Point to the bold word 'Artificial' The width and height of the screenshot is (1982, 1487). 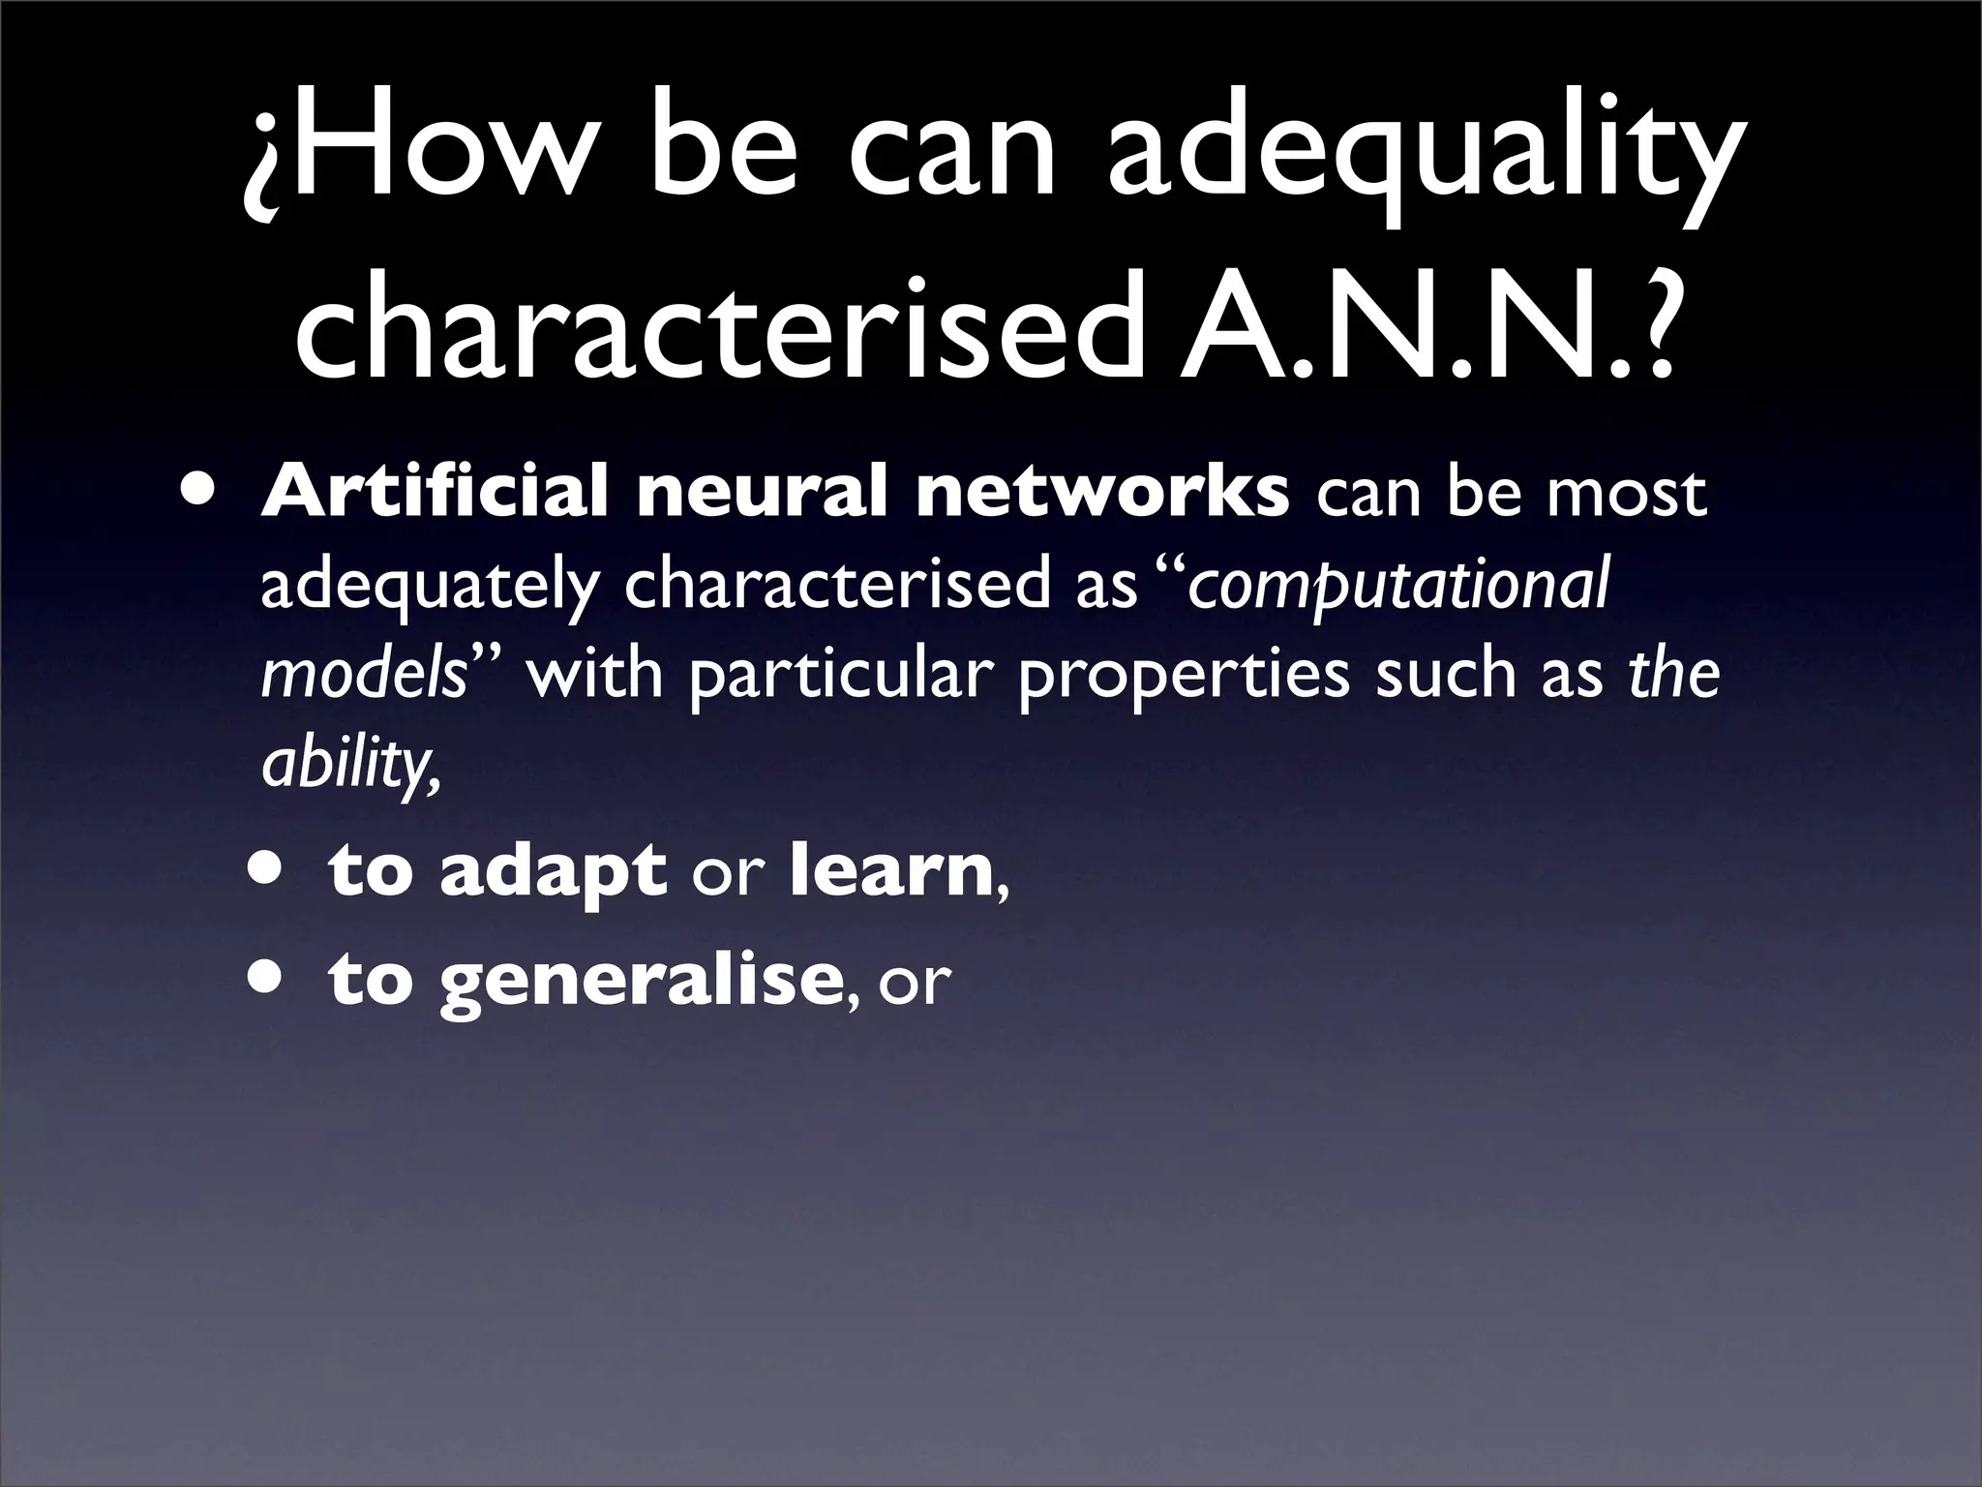point(435,492)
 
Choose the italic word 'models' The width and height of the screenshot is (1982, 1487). point(364,675)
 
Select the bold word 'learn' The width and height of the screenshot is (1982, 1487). point(891,869)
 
